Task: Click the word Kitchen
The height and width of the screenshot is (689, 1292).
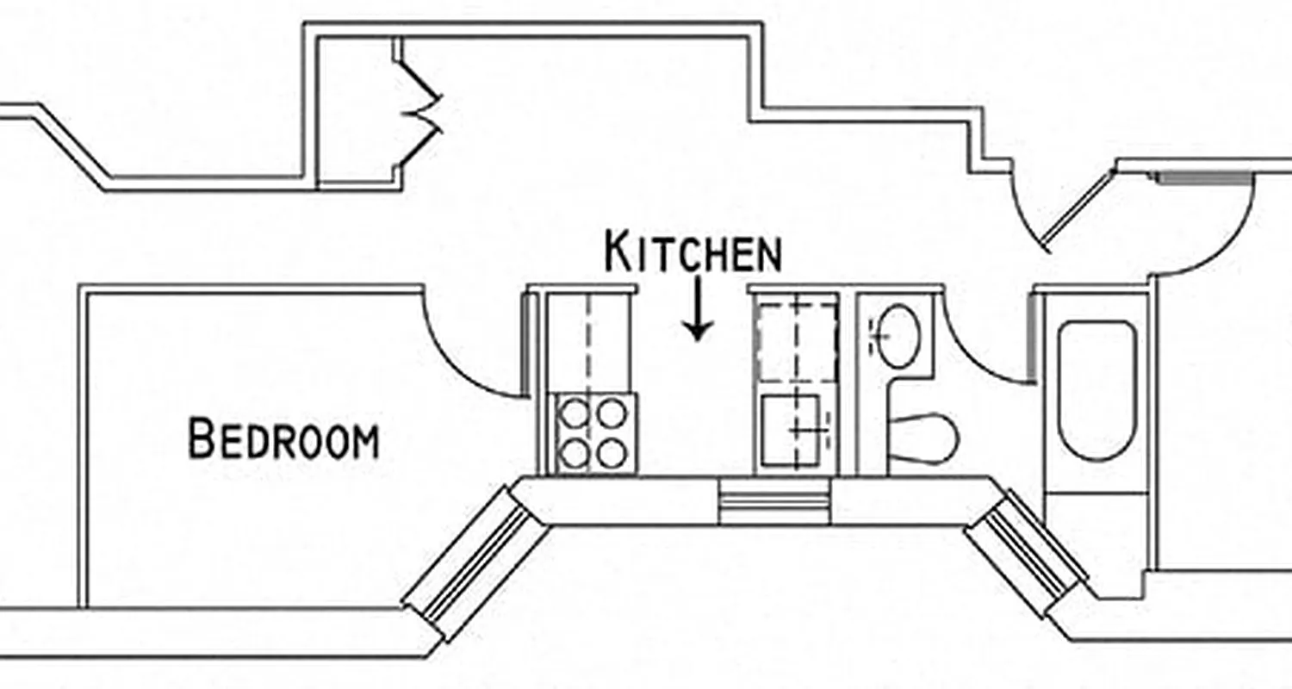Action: [693, 251]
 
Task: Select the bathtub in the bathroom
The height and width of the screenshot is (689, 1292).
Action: [1096, 390]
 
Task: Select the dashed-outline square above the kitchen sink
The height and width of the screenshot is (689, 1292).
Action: [796, 338]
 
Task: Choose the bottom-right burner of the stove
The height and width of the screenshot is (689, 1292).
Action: [613, 453]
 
